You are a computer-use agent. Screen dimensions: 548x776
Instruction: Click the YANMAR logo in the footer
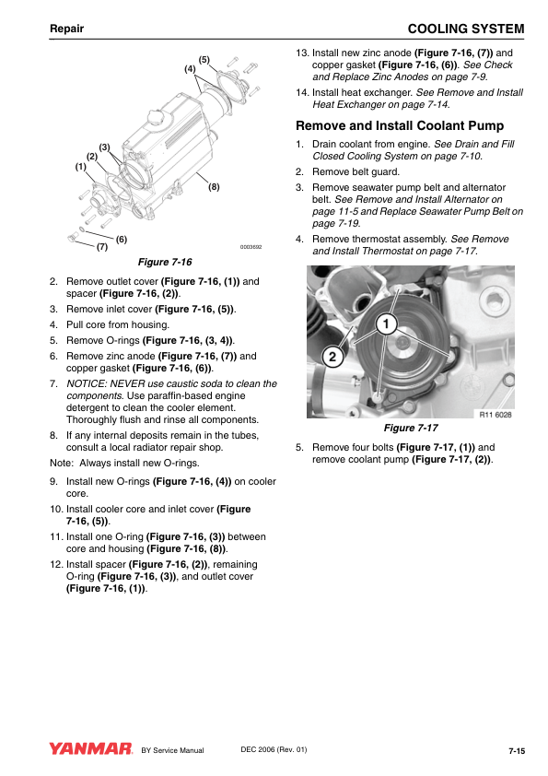(x=90, y=748)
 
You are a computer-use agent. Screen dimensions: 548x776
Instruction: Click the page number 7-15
(x=517, y=751)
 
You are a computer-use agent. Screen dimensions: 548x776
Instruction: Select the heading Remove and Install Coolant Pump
(x=400, y=125)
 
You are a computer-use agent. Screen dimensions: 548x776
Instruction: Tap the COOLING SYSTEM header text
(x=466, y=29)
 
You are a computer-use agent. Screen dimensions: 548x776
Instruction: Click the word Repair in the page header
(x=66, y=29)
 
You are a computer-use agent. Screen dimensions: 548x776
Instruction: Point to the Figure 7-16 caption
(x=165, y=262)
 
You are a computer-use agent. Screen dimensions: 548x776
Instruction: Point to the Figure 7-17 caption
(x=411, y=428)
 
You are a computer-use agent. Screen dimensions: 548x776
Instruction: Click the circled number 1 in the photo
(x=386, y=324)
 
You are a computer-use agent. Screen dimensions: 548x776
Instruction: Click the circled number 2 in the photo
(x=332, y=357)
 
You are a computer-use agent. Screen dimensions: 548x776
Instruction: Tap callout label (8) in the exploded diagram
(x=214, y=187)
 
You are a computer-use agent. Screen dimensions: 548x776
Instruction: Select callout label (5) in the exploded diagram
(x=204, y=60)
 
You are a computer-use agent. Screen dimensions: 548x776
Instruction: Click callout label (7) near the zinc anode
(x=102, y=246)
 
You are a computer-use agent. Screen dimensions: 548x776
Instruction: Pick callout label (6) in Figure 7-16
(x=122, y=240)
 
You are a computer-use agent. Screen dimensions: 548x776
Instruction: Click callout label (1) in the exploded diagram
(x=81, y=167)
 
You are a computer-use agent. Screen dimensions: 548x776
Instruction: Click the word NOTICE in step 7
(x=85, y=383)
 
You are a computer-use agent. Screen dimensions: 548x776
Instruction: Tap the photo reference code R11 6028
(x=496, y=414)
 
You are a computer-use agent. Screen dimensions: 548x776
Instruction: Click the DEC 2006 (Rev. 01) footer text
(x=274, y=749)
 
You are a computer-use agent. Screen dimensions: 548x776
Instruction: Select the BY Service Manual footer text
(x=172, y=750)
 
